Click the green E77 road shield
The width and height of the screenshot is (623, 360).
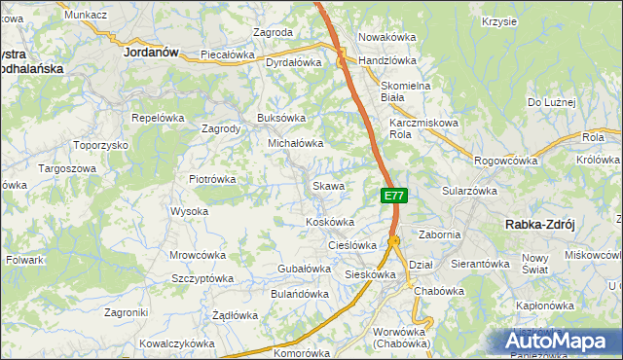(x=393, y=196)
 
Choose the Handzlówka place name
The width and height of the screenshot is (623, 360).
(x=387, y=60)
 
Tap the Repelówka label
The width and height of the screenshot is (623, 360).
(x=158, y=118)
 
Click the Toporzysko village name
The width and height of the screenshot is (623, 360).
(x=101, y=145)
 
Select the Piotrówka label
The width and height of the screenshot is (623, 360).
(x=212, y=179)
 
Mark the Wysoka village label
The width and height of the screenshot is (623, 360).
(x=189, y=211)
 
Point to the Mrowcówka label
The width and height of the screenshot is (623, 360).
(x=198, y=255)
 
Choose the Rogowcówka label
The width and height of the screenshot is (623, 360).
(x=505, y=161)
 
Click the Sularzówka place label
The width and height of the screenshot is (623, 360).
(x=470, y=192)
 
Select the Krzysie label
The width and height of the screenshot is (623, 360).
(x=498, y=20)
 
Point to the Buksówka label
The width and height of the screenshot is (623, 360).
(x=281, y=118)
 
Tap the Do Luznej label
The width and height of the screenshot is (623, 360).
(x=552, y=102)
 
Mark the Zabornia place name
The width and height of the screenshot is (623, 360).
(x=439, y=234)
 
